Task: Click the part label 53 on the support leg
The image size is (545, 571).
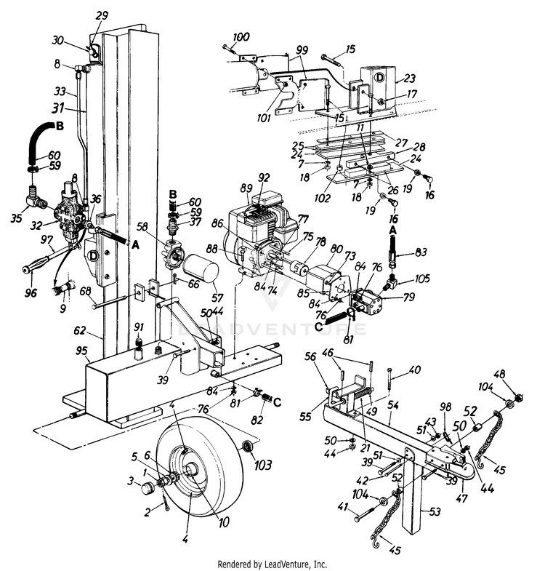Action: [x=435, y=512]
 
